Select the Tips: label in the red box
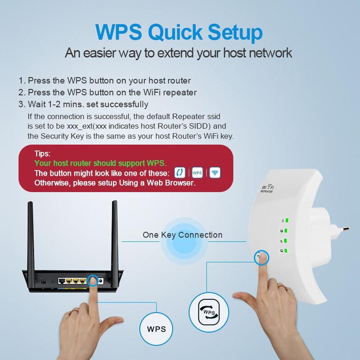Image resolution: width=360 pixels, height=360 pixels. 42,154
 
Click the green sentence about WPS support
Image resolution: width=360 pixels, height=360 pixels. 100,163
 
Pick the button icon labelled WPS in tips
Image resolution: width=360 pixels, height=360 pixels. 197,173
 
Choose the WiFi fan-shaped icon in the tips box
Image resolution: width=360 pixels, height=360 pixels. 215,173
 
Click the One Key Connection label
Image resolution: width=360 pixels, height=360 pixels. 183,235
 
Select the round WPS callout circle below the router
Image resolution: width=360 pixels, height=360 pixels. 156,329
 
